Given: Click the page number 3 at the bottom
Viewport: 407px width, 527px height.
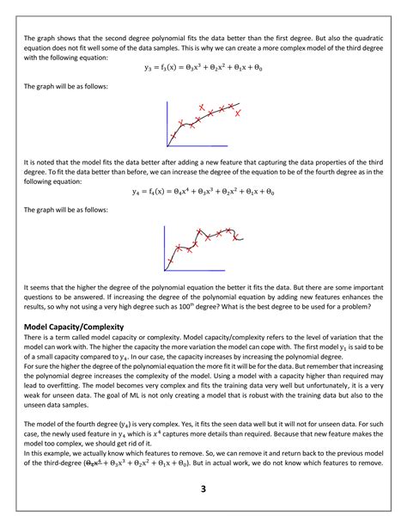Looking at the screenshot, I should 203,489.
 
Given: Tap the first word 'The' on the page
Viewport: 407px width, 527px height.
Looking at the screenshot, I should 30,38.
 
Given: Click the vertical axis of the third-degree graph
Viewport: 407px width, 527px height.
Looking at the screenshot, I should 167,126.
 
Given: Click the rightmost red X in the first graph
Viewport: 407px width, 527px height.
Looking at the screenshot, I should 239,113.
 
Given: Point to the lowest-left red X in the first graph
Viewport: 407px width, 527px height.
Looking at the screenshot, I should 173,136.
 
